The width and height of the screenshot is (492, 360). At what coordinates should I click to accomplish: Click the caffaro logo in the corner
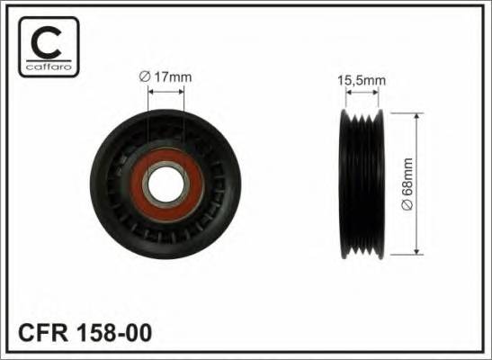46,47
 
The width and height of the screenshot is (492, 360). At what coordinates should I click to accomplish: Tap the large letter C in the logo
46,40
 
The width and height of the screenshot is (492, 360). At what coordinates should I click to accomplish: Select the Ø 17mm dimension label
165,78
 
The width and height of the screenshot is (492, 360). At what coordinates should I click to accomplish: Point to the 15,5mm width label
361,80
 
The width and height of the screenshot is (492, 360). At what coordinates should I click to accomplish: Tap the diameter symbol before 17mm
144,78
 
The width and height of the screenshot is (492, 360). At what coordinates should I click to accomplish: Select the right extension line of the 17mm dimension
183,117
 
